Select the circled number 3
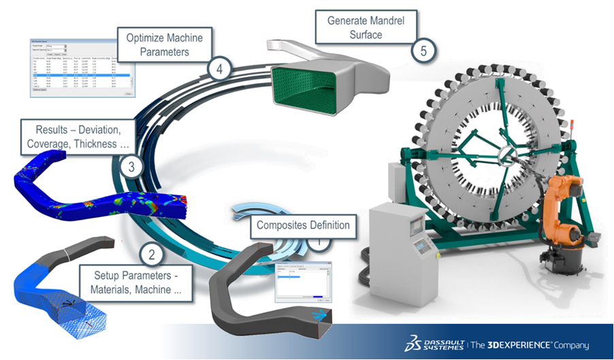tap(129, 165)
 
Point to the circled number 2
tap(152, 256)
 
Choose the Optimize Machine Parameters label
tap(164, 44)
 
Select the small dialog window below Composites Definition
tap(300, 281)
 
